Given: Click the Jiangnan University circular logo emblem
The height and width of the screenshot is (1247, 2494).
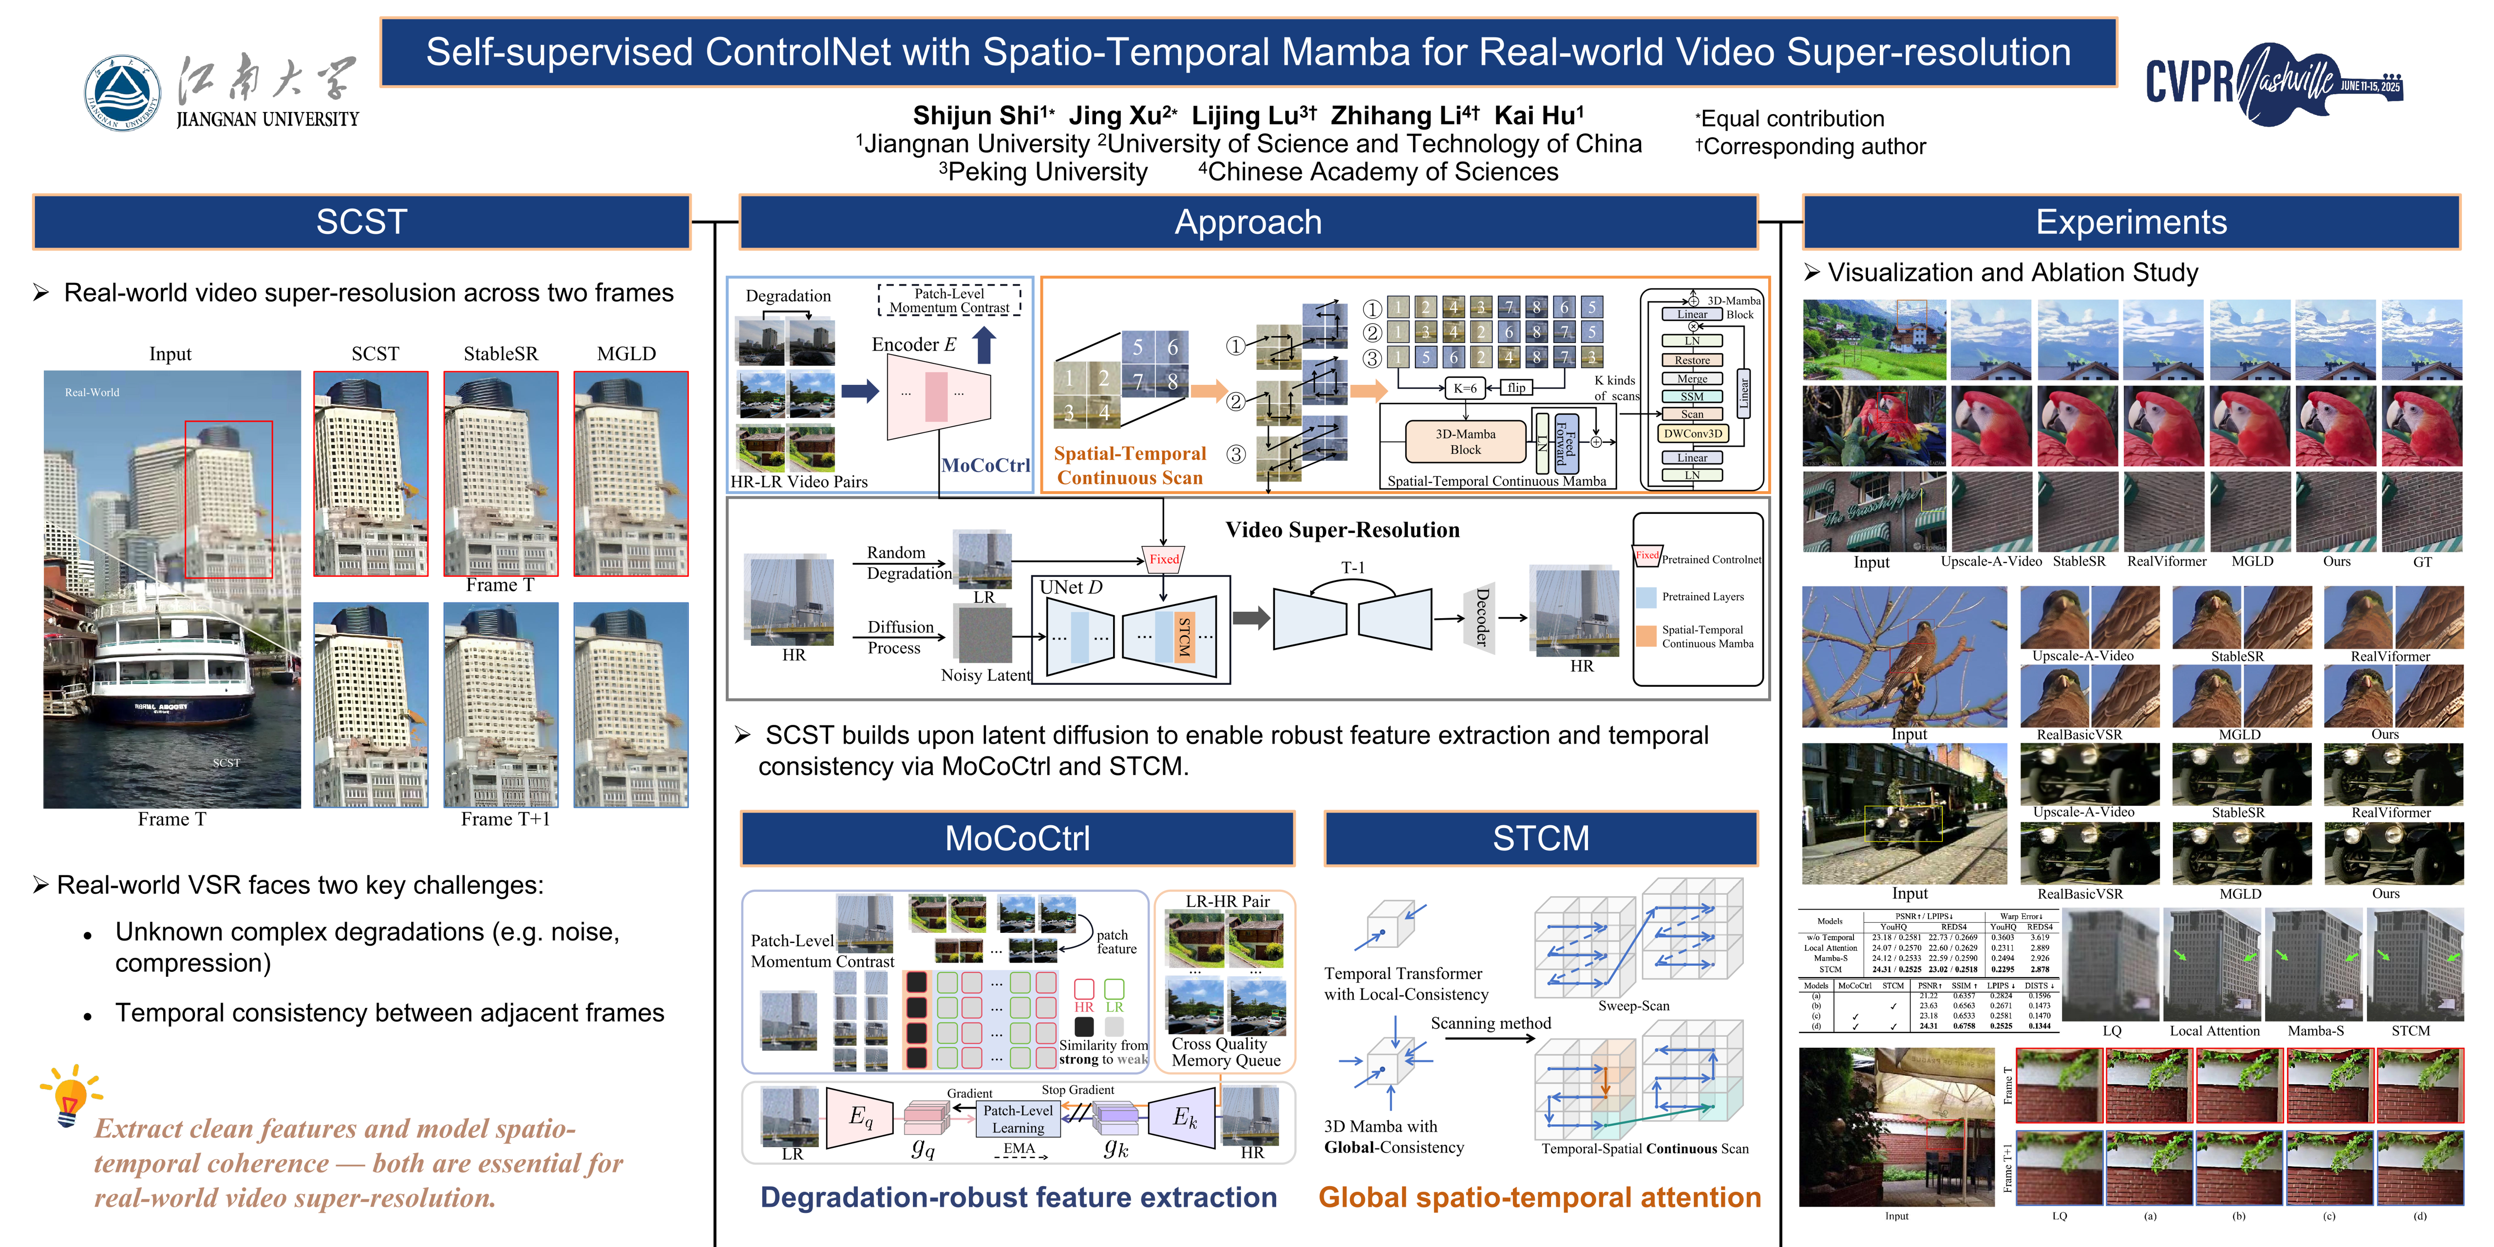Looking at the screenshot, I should [x=123, y=92].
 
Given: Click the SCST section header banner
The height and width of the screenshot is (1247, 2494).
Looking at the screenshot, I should [x=361, y=222].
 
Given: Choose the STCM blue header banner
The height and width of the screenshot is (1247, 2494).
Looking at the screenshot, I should [x=1540, y=837].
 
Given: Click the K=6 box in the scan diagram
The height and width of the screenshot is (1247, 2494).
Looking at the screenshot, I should [x=1465, y=388].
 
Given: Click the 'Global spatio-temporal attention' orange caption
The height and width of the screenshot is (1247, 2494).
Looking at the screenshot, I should [x=1539, y=1198].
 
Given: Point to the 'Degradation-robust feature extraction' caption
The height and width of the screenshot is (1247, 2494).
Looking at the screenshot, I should [x=1018, y=1198].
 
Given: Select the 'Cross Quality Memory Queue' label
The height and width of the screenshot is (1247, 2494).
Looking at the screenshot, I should [x=1226, y=1052].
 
